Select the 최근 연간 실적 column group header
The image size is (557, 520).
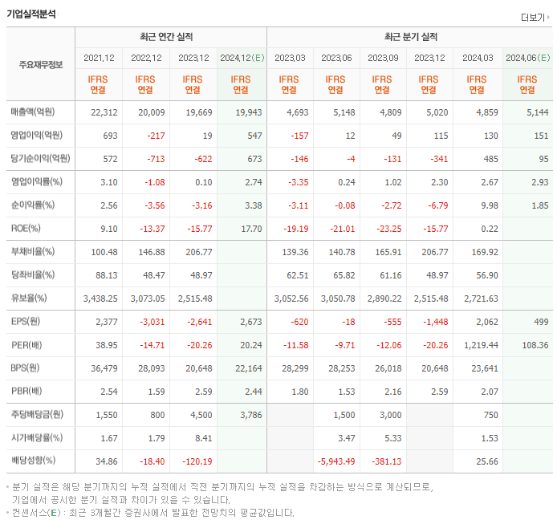click(171, 37)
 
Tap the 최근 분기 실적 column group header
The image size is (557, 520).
click(410, 37)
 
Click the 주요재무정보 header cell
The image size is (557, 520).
click(41, 65)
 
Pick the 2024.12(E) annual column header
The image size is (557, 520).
click(242, 58)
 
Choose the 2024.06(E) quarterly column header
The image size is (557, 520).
click(527, 58)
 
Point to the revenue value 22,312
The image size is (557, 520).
click(104, 112)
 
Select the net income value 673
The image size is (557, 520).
click(251, 158)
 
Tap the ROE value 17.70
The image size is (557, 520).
click(250, 228)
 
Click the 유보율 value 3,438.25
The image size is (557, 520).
click(100, 298)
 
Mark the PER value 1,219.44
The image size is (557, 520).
click(481, 344)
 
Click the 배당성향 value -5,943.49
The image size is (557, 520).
click(336, 461)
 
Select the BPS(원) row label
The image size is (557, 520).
click(25, 368)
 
